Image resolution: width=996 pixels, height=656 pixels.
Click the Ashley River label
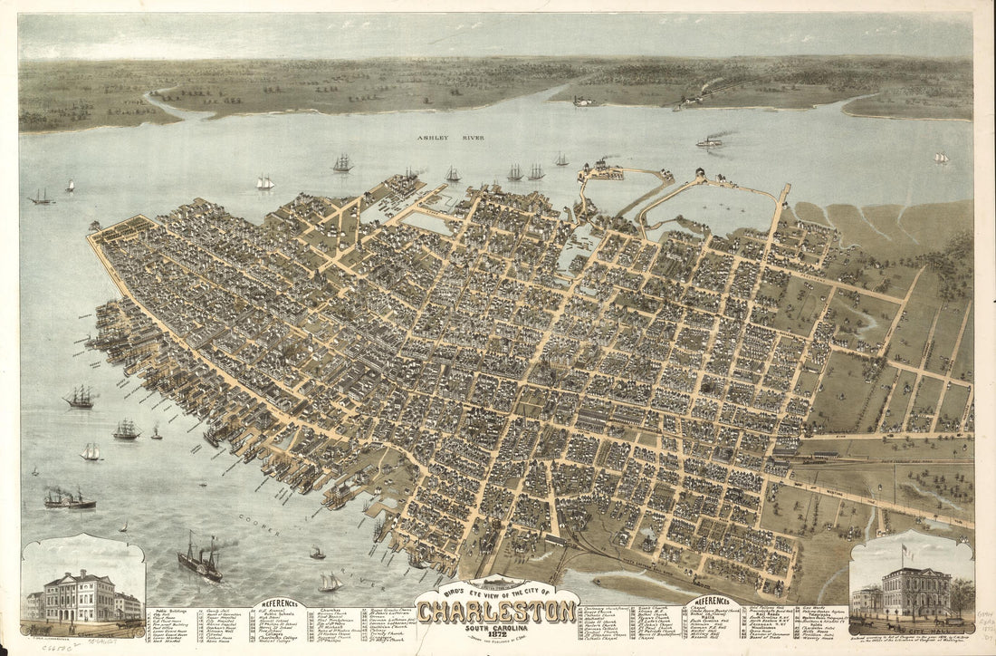click(450, 138)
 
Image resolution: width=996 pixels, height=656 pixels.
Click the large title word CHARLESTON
click(496, 612)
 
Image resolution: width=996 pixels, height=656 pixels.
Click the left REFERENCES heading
click(283, 603)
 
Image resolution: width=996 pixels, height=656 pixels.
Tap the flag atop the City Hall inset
click(904, 550)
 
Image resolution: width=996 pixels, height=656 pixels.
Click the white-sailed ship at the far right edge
click(943, 158)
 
